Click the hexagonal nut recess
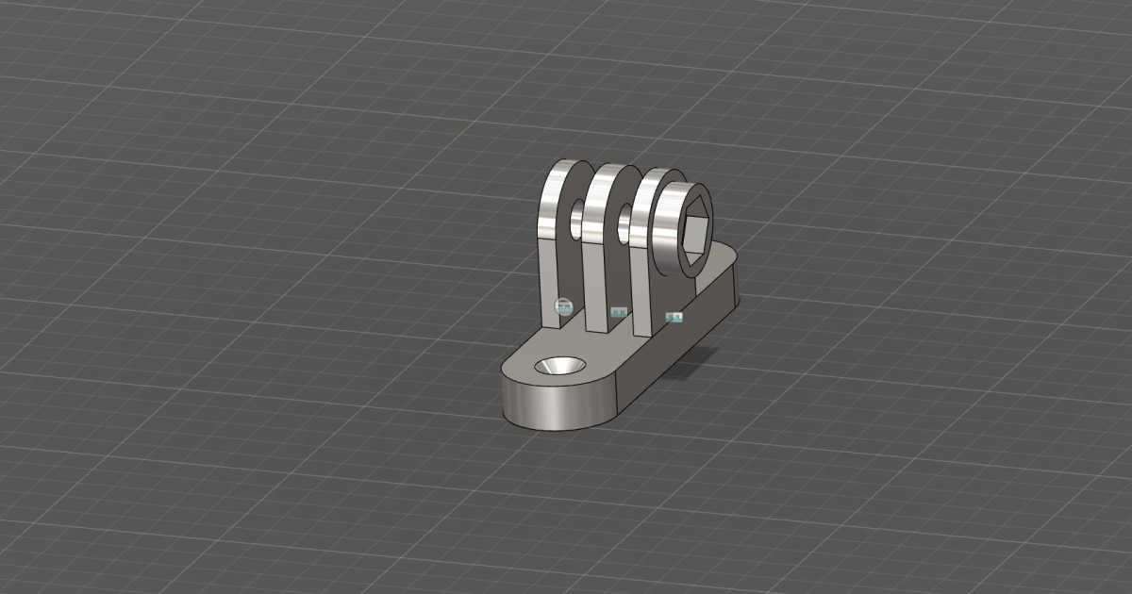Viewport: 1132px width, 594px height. (696, 235)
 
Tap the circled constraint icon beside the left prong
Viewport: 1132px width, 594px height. (563, 305)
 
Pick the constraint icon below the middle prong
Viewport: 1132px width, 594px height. (619, 311)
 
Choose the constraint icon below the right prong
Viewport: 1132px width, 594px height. (674, 318)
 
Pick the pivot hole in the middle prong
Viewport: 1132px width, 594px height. (624, 226)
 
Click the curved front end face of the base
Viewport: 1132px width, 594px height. (552, 407)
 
